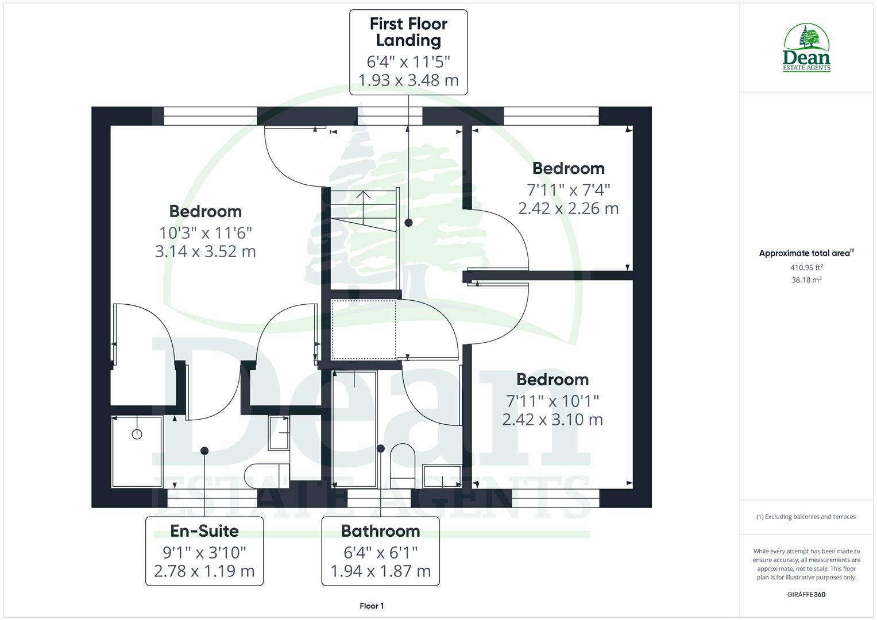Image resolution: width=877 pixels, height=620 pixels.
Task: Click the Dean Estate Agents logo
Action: click(806, 48)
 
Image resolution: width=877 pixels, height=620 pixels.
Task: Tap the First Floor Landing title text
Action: click(408, 32)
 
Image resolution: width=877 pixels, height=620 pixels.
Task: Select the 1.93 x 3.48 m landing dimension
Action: click(408, 80)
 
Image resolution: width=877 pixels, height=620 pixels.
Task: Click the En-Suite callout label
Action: click(204, 531)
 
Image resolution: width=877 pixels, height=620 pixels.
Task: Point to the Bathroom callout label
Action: click(380, 531)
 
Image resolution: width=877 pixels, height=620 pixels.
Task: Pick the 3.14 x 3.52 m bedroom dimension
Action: click(205, 251)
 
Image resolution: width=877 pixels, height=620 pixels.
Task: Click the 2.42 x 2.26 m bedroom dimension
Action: click(568, 208)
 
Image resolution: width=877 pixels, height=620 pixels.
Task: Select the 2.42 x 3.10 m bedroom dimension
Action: click(552, 420)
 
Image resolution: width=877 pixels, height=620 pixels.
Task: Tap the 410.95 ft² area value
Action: click(806, 268)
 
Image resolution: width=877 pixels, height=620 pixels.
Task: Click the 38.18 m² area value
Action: click(806, 280)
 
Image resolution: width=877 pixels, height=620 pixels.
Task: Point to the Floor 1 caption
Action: click(372, 606)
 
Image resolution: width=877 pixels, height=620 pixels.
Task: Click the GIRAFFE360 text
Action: click(806, 595)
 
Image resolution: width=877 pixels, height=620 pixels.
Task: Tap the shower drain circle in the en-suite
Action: click(137, 434)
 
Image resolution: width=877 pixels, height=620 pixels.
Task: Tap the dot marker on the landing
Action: click(408, 223)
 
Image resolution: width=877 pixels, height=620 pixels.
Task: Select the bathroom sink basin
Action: click(442, 476)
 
